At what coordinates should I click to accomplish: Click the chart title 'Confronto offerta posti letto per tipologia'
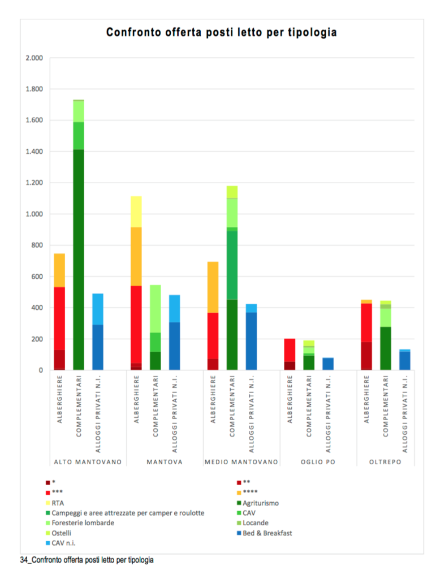[x=222, y=33]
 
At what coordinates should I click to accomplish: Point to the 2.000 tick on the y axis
[x=34, y=58]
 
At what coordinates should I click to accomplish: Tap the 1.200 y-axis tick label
[x=34, y=183]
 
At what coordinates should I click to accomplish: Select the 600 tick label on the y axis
[x=37, y=277]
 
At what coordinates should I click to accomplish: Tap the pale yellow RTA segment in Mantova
[x=136, y=211]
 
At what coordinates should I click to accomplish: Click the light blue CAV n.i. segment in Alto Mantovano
[x=98, y=309]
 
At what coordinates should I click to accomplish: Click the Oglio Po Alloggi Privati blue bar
[x=328, y=364]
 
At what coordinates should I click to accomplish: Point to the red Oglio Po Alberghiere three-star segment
[x=290, y=350]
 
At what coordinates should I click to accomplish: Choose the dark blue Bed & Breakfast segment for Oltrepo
[x=405, y=361]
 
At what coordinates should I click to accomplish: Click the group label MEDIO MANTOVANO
[x=241, y=462]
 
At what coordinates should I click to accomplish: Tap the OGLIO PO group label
[x=318, y=462]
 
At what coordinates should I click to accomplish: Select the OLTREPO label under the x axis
[x=386, y=462]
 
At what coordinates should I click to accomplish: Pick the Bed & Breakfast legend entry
[x=267, y=533]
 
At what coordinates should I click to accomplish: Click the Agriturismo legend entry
[x=260, y=502]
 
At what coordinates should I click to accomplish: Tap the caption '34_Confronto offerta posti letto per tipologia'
[x=87, y=560]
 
